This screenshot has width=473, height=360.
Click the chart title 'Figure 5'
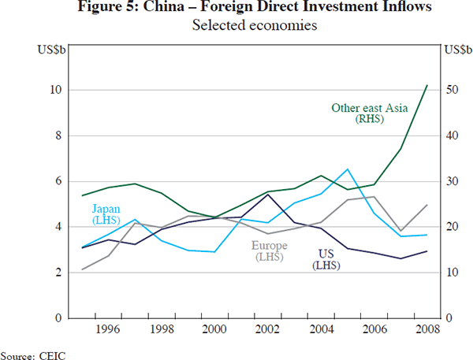pos(237,9)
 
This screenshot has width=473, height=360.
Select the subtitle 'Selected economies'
pos(237,26)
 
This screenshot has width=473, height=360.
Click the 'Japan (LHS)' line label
pos(106,214)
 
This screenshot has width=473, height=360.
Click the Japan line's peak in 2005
pos(347,169)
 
